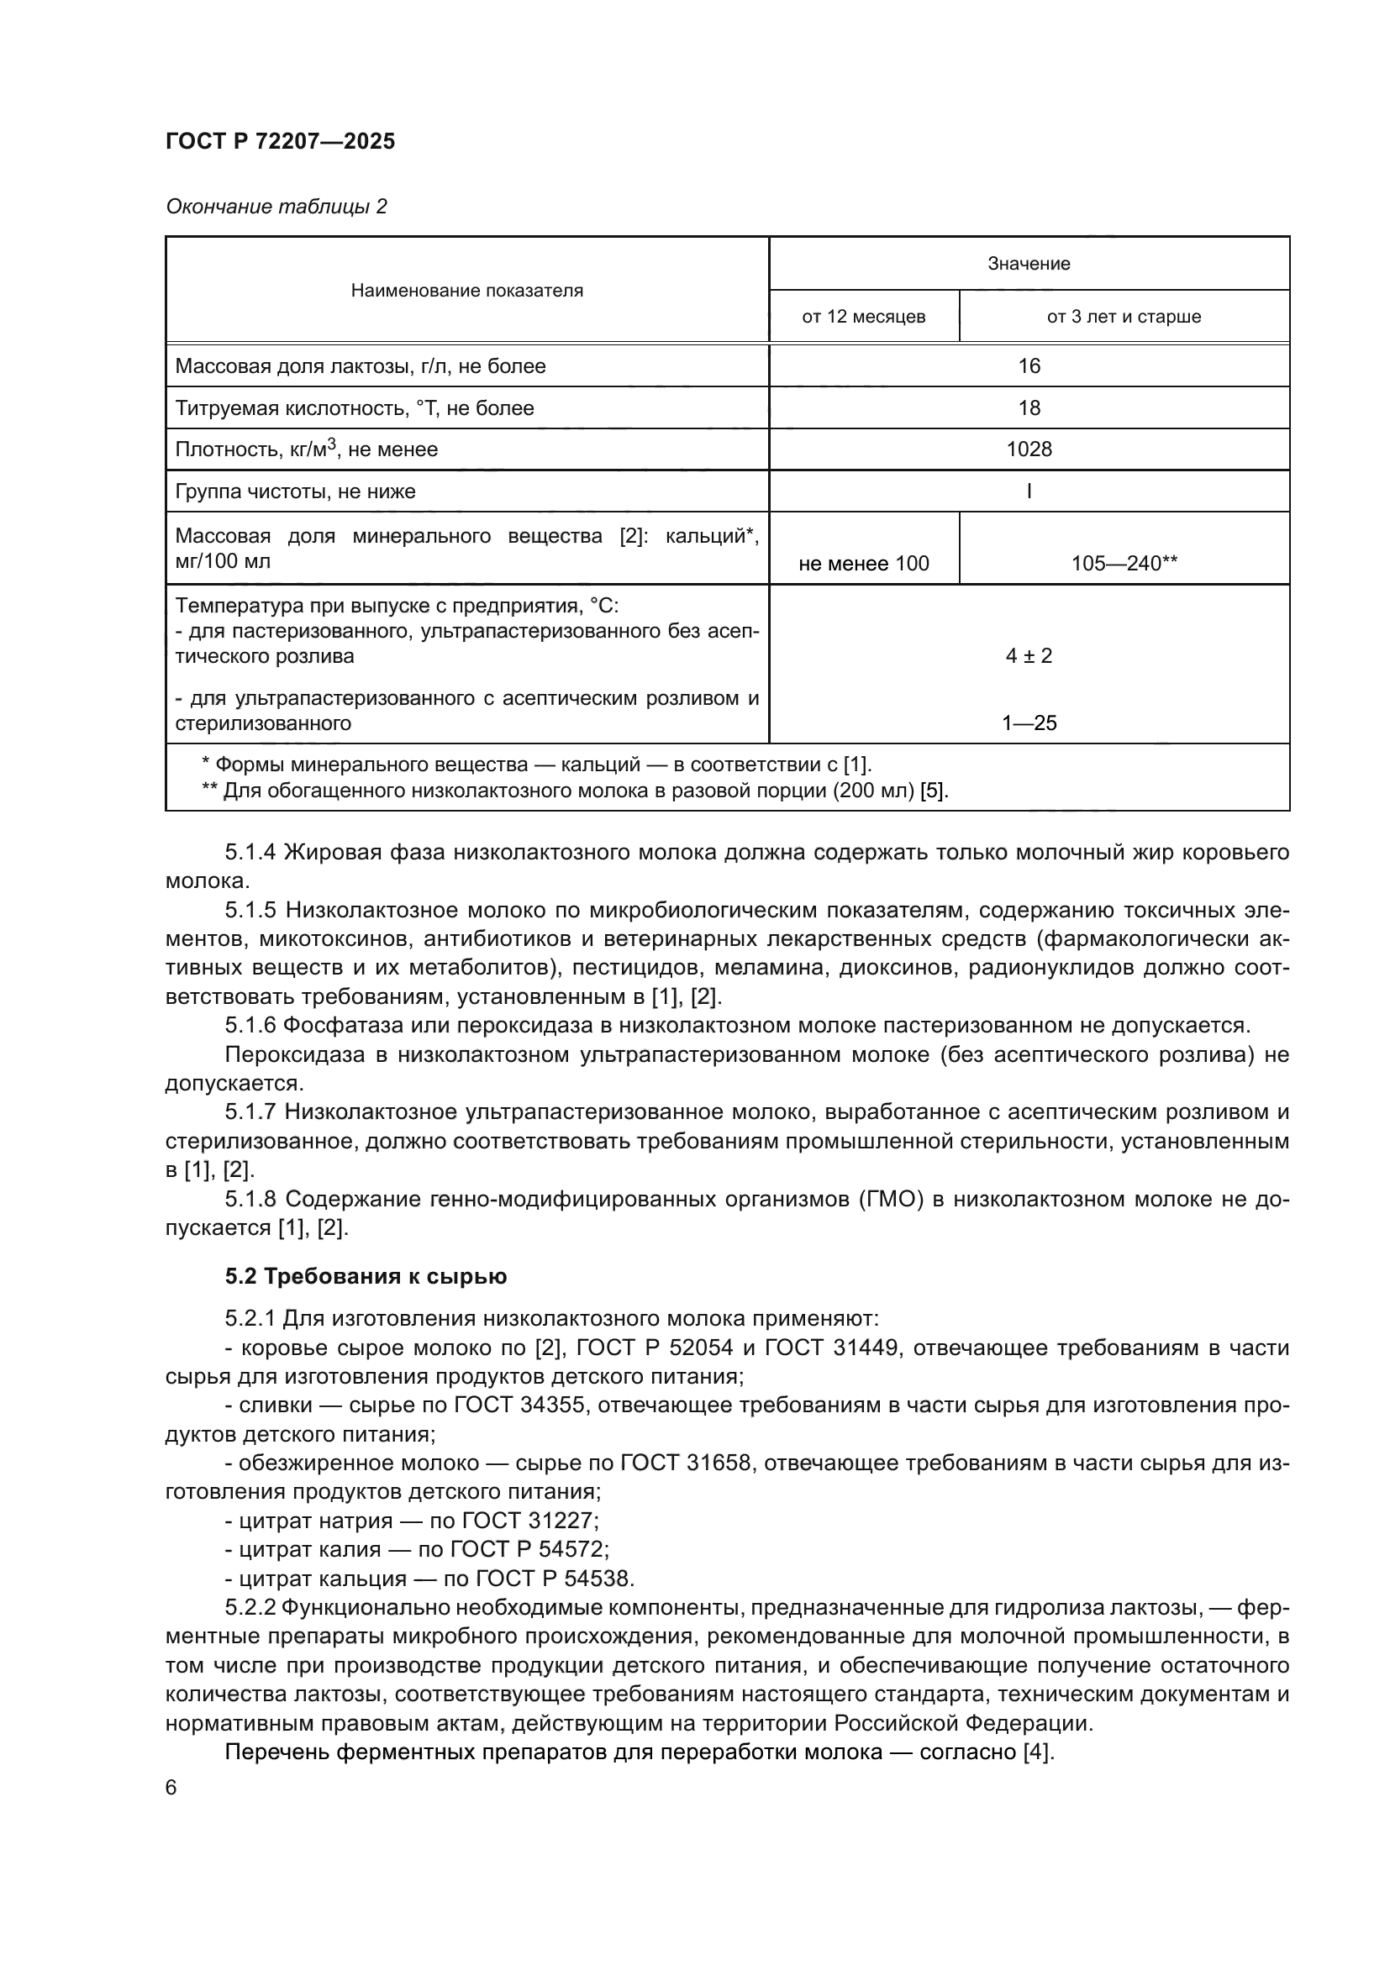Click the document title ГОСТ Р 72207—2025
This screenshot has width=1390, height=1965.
coord(280,141)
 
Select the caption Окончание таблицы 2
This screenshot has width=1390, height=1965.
coord(276,207)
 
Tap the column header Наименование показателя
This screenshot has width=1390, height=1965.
coord(466,290)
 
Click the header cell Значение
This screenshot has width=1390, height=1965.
coord(1028,264)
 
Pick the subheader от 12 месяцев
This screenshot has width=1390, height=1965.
coord(863,317)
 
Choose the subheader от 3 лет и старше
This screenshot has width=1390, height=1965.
coord(1123,317)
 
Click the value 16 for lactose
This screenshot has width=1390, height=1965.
coord(1028,366)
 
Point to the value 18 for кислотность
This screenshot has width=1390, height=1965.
coord(1028,408)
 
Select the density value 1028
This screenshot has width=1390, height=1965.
coord(1028,449)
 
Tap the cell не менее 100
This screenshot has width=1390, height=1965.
coord(863,563)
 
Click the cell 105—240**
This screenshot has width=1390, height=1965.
coord(1124,563)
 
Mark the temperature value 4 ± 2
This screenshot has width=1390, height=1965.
coord(1028,656)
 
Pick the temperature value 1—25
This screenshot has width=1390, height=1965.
coord(1029,723)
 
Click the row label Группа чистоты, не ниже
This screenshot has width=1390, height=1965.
coord(295,491)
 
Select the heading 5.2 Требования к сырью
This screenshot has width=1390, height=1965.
coord(366,1276)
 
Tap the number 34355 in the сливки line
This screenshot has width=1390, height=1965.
coord(553,1405)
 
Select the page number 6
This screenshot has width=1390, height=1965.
coord(171,1787)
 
